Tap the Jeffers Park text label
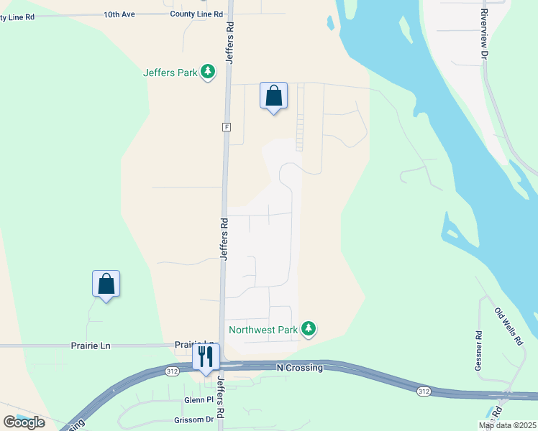(170, 72)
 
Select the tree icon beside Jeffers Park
(208, 71)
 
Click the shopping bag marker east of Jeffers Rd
(273, 96)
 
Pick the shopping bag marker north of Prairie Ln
(106, 284)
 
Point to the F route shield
(226, 126)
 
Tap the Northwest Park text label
(263, 330)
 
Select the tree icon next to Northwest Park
(309, 329)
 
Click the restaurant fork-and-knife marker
(206, 356)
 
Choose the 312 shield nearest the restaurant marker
(171, 371)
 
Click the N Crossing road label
(300, 368)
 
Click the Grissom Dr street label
(199, 420)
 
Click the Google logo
(24, 422)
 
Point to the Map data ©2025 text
(506, 425)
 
